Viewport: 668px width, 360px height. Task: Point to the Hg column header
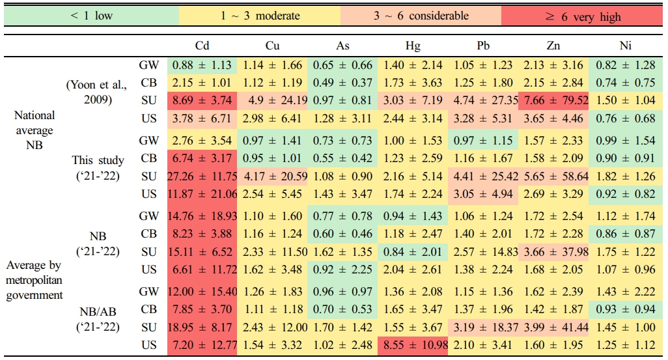pos(413,46)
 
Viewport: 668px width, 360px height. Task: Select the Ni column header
pos(625,46)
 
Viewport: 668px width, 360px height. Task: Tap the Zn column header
pos(555,46)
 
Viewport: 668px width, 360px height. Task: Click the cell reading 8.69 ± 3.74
pos(202,101)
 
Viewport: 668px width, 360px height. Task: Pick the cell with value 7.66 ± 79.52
pos(555,101)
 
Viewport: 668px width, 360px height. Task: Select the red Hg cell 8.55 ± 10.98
pos(413,344)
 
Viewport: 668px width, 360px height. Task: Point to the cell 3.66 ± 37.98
pos(555,251)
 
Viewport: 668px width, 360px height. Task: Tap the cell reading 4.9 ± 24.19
pos(273,101)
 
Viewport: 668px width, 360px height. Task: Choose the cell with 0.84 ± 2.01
pos(413,251)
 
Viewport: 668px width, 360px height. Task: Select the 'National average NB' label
pos(35,130)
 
